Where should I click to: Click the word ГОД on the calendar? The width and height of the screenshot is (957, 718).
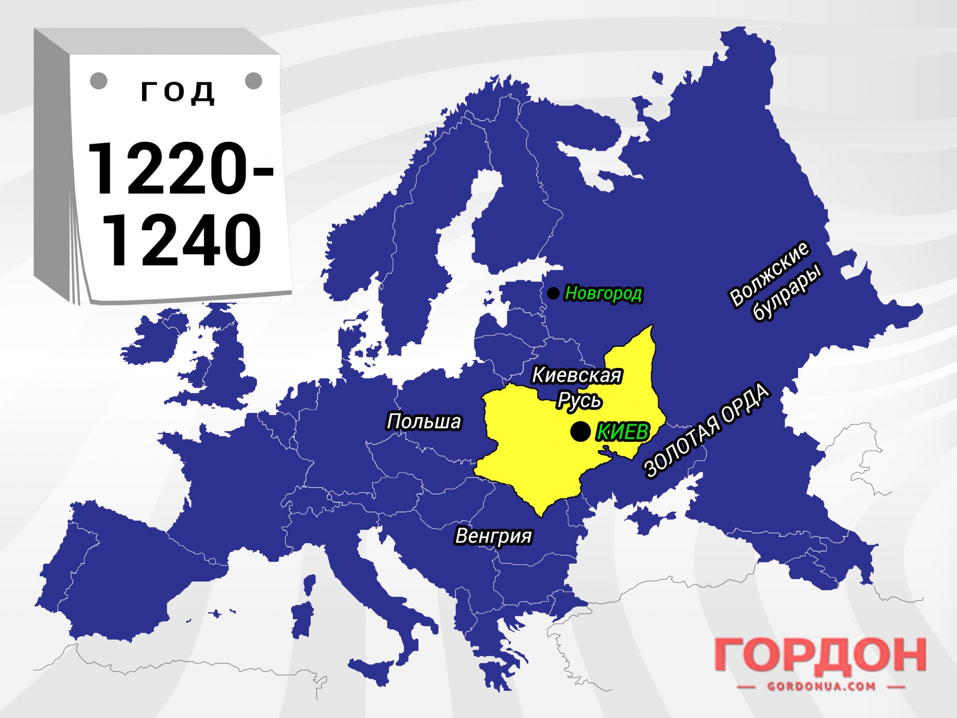[x=178, y=91]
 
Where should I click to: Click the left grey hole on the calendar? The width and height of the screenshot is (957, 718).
[x=99, y=80]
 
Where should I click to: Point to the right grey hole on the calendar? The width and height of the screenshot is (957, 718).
[x=254, y=80]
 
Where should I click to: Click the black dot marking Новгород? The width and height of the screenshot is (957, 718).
[x=553, y=293]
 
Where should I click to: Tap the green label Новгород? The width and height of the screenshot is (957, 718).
[x=603, y=293]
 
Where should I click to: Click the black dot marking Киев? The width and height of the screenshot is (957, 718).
[x=580, y=432]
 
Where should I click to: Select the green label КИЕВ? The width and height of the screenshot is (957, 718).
[x=623, y=433]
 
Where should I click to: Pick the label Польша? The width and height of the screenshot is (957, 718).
[x=424, y=422]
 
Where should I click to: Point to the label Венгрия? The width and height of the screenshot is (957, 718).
[x=493, y=536]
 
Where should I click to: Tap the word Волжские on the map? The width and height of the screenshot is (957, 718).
[x=768, y=274]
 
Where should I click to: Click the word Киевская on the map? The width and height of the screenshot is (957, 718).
[x=577, y=375]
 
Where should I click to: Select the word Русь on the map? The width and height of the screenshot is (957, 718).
[x=579, y=400]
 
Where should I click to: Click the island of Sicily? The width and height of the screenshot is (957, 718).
[x=371, y=666]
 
